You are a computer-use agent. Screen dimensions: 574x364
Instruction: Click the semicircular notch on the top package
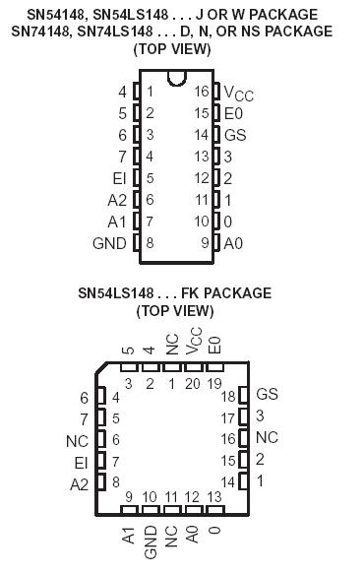(177, 78)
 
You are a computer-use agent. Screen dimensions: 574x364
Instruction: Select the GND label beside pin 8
(109, 242)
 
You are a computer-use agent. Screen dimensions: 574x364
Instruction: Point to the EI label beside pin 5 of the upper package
(119, 178)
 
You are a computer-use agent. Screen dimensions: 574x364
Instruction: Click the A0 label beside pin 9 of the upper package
(233, 242)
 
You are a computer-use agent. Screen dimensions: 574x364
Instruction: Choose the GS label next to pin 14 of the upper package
(235, 135)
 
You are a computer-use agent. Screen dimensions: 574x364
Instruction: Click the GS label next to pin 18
(267, 394)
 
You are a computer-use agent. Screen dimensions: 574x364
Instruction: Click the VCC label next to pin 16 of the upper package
(238, 93)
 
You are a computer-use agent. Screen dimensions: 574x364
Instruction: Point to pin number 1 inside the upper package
(151, 93)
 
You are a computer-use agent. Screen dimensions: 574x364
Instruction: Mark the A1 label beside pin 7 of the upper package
(117, 221)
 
